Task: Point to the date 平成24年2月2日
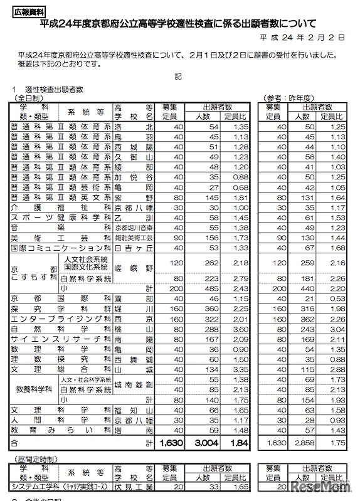tap(305, 38)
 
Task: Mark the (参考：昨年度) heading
tap(289, 98)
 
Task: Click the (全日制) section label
tap(29, 98)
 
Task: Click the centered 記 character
tap(179, 76)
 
